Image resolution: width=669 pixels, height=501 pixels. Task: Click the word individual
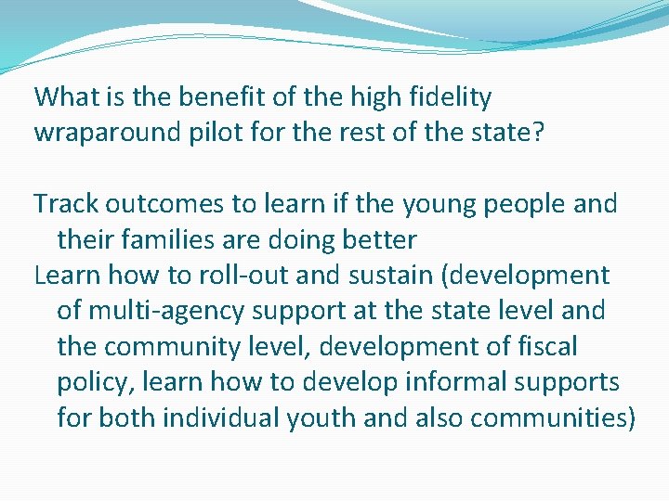coord(227,417)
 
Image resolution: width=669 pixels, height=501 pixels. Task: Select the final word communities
coord(551,417)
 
